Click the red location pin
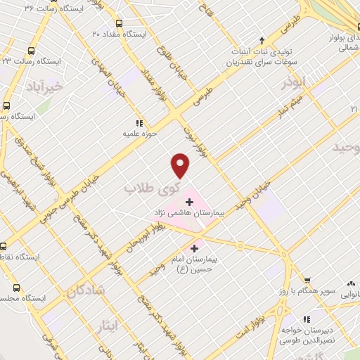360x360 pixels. (x=181, y=165)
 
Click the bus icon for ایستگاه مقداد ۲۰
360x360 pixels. (x=117, y=23)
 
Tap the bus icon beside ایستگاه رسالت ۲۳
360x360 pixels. (x=30, y=51)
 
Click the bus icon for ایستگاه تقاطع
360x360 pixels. (x=4, y=246)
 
